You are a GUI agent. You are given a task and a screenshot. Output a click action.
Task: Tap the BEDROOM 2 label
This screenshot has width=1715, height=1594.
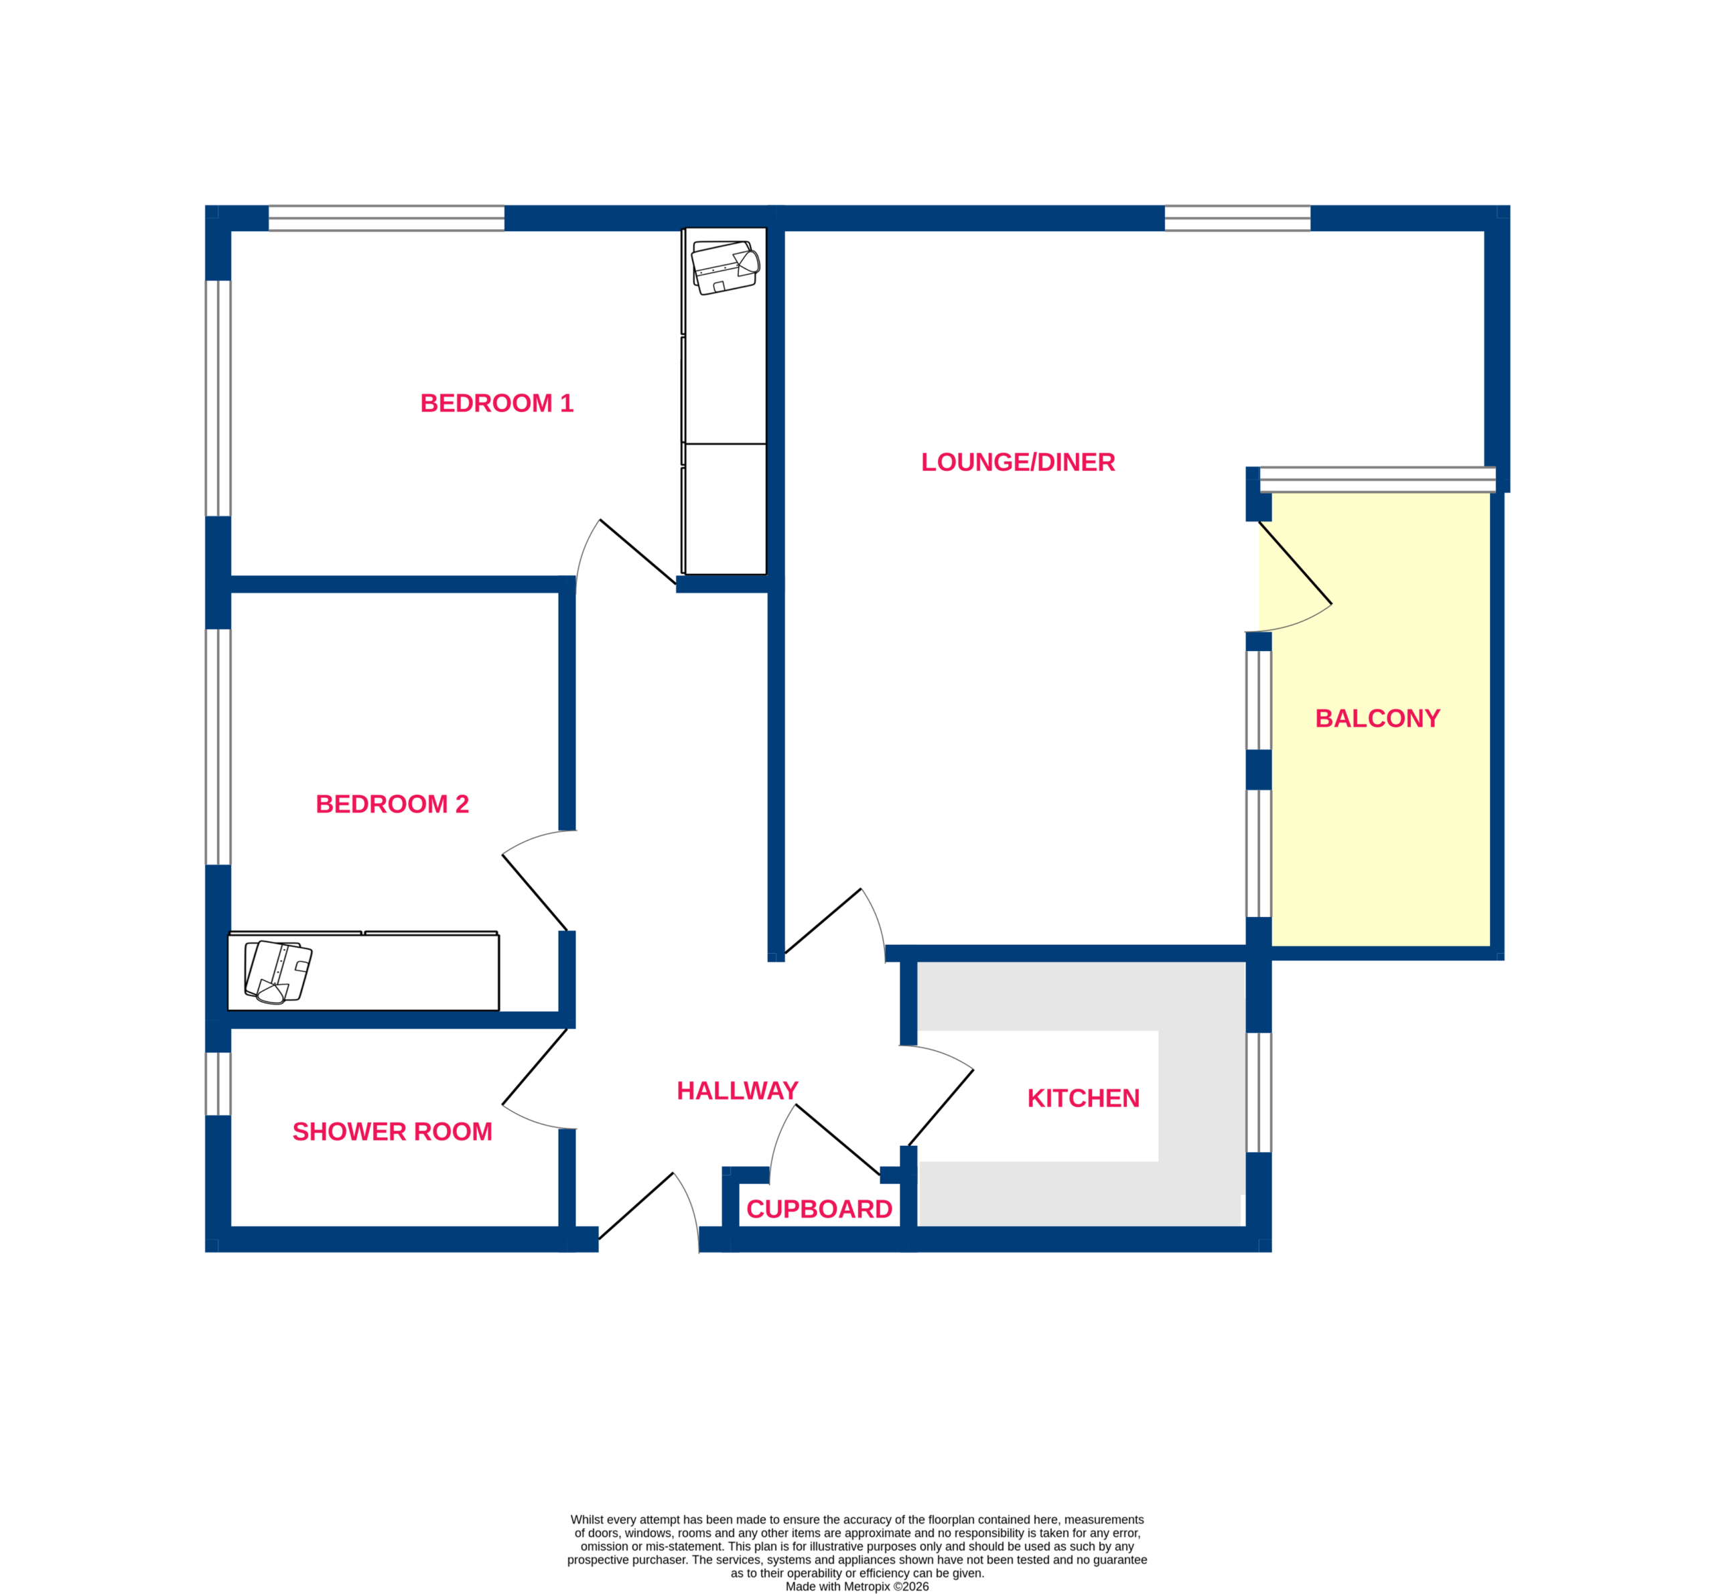pos(392,804)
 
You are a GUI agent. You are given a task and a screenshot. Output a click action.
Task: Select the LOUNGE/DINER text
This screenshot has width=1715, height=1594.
pos(1018,462)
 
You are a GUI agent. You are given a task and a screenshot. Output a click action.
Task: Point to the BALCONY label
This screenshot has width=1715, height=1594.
pos(1377,719)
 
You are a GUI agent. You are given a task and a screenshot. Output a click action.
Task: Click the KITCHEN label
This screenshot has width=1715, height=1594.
pos(1083,1098)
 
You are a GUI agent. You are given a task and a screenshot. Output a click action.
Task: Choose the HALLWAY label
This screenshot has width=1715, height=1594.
pos(738,1091)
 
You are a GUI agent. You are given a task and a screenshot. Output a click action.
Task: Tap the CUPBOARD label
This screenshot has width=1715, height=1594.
pos(819,1210)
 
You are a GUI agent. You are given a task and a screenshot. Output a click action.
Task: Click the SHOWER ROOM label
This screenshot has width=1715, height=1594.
pos(393,1132)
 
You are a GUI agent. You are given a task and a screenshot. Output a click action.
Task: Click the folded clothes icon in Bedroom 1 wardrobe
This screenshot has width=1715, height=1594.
pos(726,267)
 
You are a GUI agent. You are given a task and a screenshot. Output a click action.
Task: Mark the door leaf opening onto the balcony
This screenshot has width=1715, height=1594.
pos(1295,563)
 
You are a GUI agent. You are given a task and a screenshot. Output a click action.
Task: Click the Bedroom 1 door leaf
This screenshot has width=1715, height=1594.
pos(638,552)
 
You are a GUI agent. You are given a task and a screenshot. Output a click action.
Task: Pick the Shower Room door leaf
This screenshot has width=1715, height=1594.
pos(535,1066)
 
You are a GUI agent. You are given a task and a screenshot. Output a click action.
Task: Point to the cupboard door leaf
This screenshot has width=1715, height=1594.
pos(837,1139)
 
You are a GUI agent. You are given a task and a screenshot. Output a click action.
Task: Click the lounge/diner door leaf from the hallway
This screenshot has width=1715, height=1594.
pos(822,921)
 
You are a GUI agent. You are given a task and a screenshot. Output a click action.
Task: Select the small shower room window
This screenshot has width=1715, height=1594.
pos(218,1084)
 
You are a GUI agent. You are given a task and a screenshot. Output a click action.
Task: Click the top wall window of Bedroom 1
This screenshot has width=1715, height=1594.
pos(387,218)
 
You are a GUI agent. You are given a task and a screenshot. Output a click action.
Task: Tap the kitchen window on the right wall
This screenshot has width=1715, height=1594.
pos(1259,1093)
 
